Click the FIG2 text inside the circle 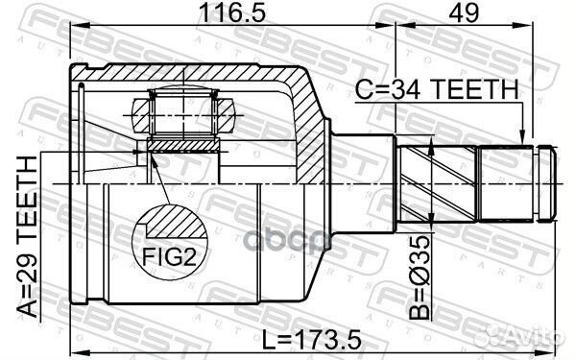tap(169, 257)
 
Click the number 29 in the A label tap(30, 251)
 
